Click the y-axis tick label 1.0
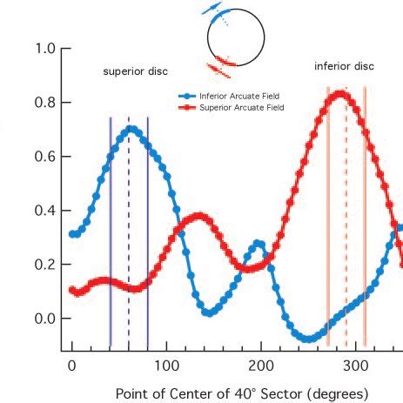tap(45, 49)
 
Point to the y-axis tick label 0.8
tap(45, 103)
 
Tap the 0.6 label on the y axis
tap(45, 157)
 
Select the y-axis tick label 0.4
tap(45, 211)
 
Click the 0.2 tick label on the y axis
tap(45, 265)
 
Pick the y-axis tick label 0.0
tap(45, 319)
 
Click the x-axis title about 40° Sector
tap(236, 393)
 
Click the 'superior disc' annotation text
tap(136, 71)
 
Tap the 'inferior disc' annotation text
tap(345, 66)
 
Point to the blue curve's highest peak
tap(131, 128)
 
